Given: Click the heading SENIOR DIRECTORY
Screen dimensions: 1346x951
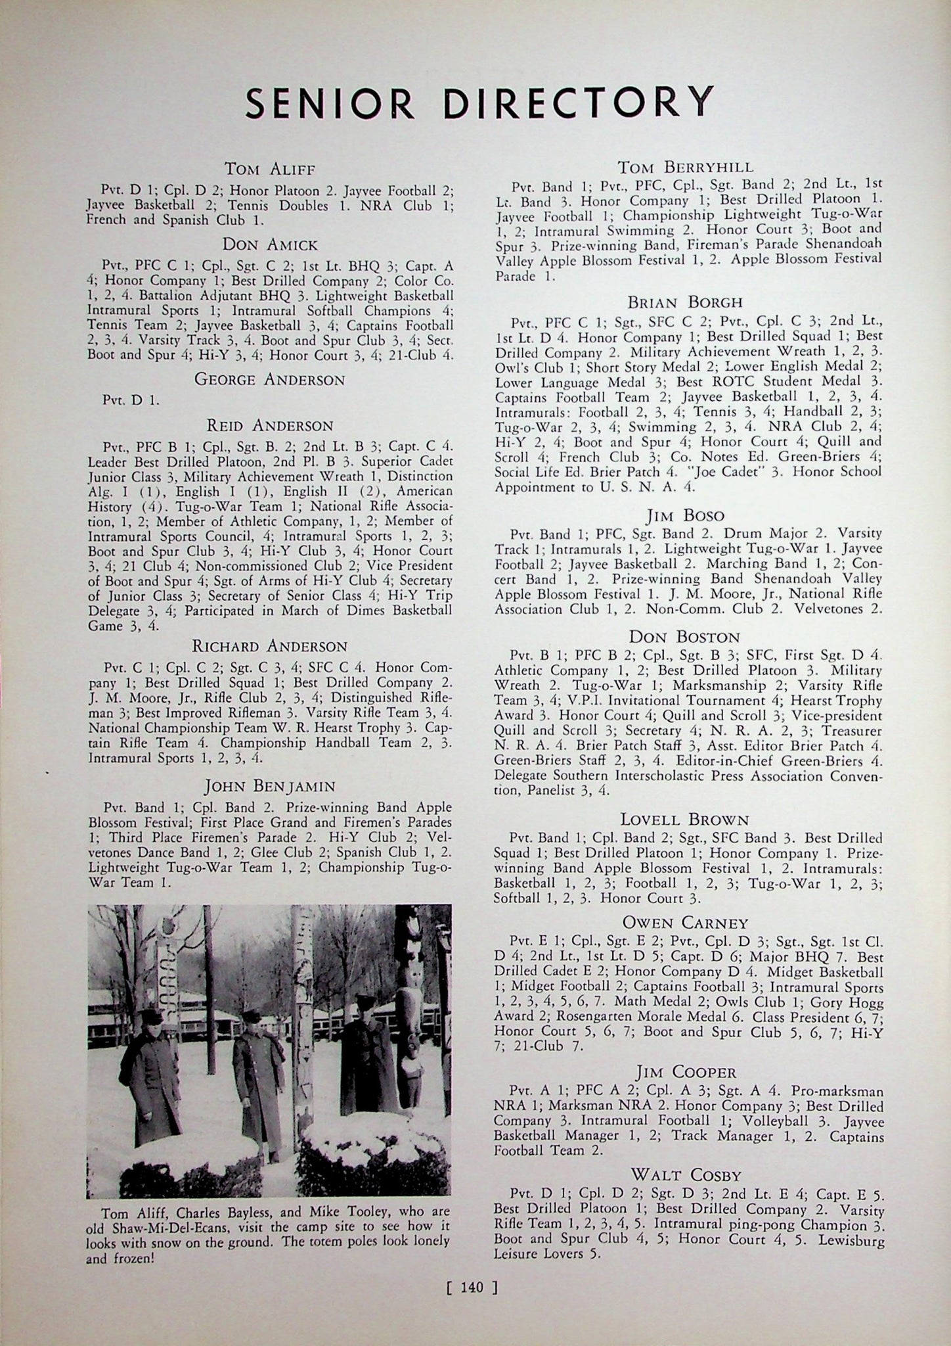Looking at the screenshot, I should click(479, 101).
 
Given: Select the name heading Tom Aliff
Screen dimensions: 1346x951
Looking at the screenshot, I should click(269, 169).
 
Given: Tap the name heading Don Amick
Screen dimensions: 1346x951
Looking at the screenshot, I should click(269, 245).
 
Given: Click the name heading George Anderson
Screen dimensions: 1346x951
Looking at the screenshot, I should click(269, 379).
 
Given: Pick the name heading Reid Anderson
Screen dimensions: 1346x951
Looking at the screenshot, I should click(269, 425).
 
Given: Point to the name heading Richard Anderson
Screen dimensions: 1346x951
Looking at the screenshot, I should click(269, 646).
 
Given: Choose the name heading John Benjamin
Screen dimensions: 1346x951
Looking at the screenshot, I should click(269, 785).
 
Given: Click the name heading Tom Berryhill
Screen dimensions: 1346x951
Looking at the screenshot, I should click(687, 166).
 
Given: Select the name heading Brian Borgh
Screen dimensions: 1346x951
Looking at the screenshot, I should click(685, 302).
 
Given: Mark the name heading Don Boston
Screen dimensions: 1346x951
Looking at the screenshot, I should click(684, 637).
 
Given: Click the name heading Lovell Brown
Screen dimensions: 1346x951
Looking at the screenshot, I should click(685, 820).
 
